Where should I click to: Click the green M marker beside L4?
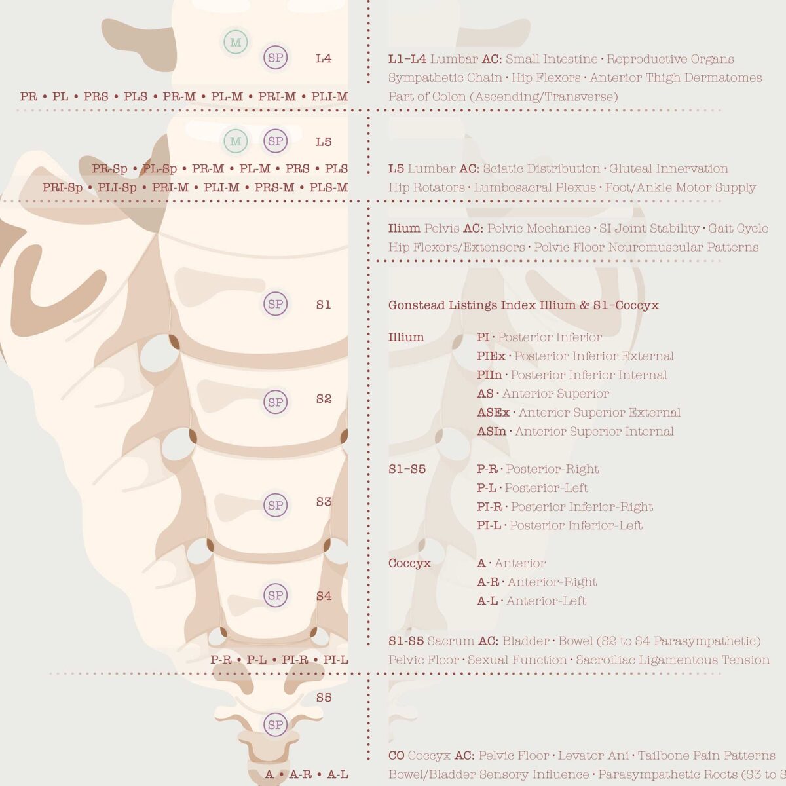[235, 42]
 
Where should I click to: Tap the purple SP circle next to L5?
[275, 141]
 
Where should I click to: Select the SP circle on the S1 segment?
[275, 304]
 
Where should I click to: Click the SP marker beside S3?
[275, 505]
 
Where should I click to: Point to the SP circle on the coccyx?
[275, 725]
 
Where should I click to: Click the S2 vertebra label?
[324, 398]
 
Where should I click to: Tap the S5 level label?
[324, 698]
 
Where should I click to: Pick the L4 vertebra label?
[324, 58]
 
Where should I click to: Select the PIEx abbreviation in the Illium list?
[491, 356]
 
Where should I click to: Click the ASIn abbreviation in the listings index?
[491, 431]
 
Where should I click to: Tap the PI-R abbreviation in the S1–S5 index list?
[489, 506]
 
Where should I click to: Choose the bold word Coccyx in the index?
[409, 563]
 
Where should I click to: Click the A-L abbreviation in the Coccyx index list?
[487, 601]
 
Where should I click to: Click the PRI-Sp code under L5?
[62, 187]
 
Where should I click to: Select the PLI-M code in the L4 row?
[329, 96]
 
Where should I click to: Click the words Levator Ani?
[593, 755]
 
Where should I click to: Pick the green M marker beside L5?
[235, 141]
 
